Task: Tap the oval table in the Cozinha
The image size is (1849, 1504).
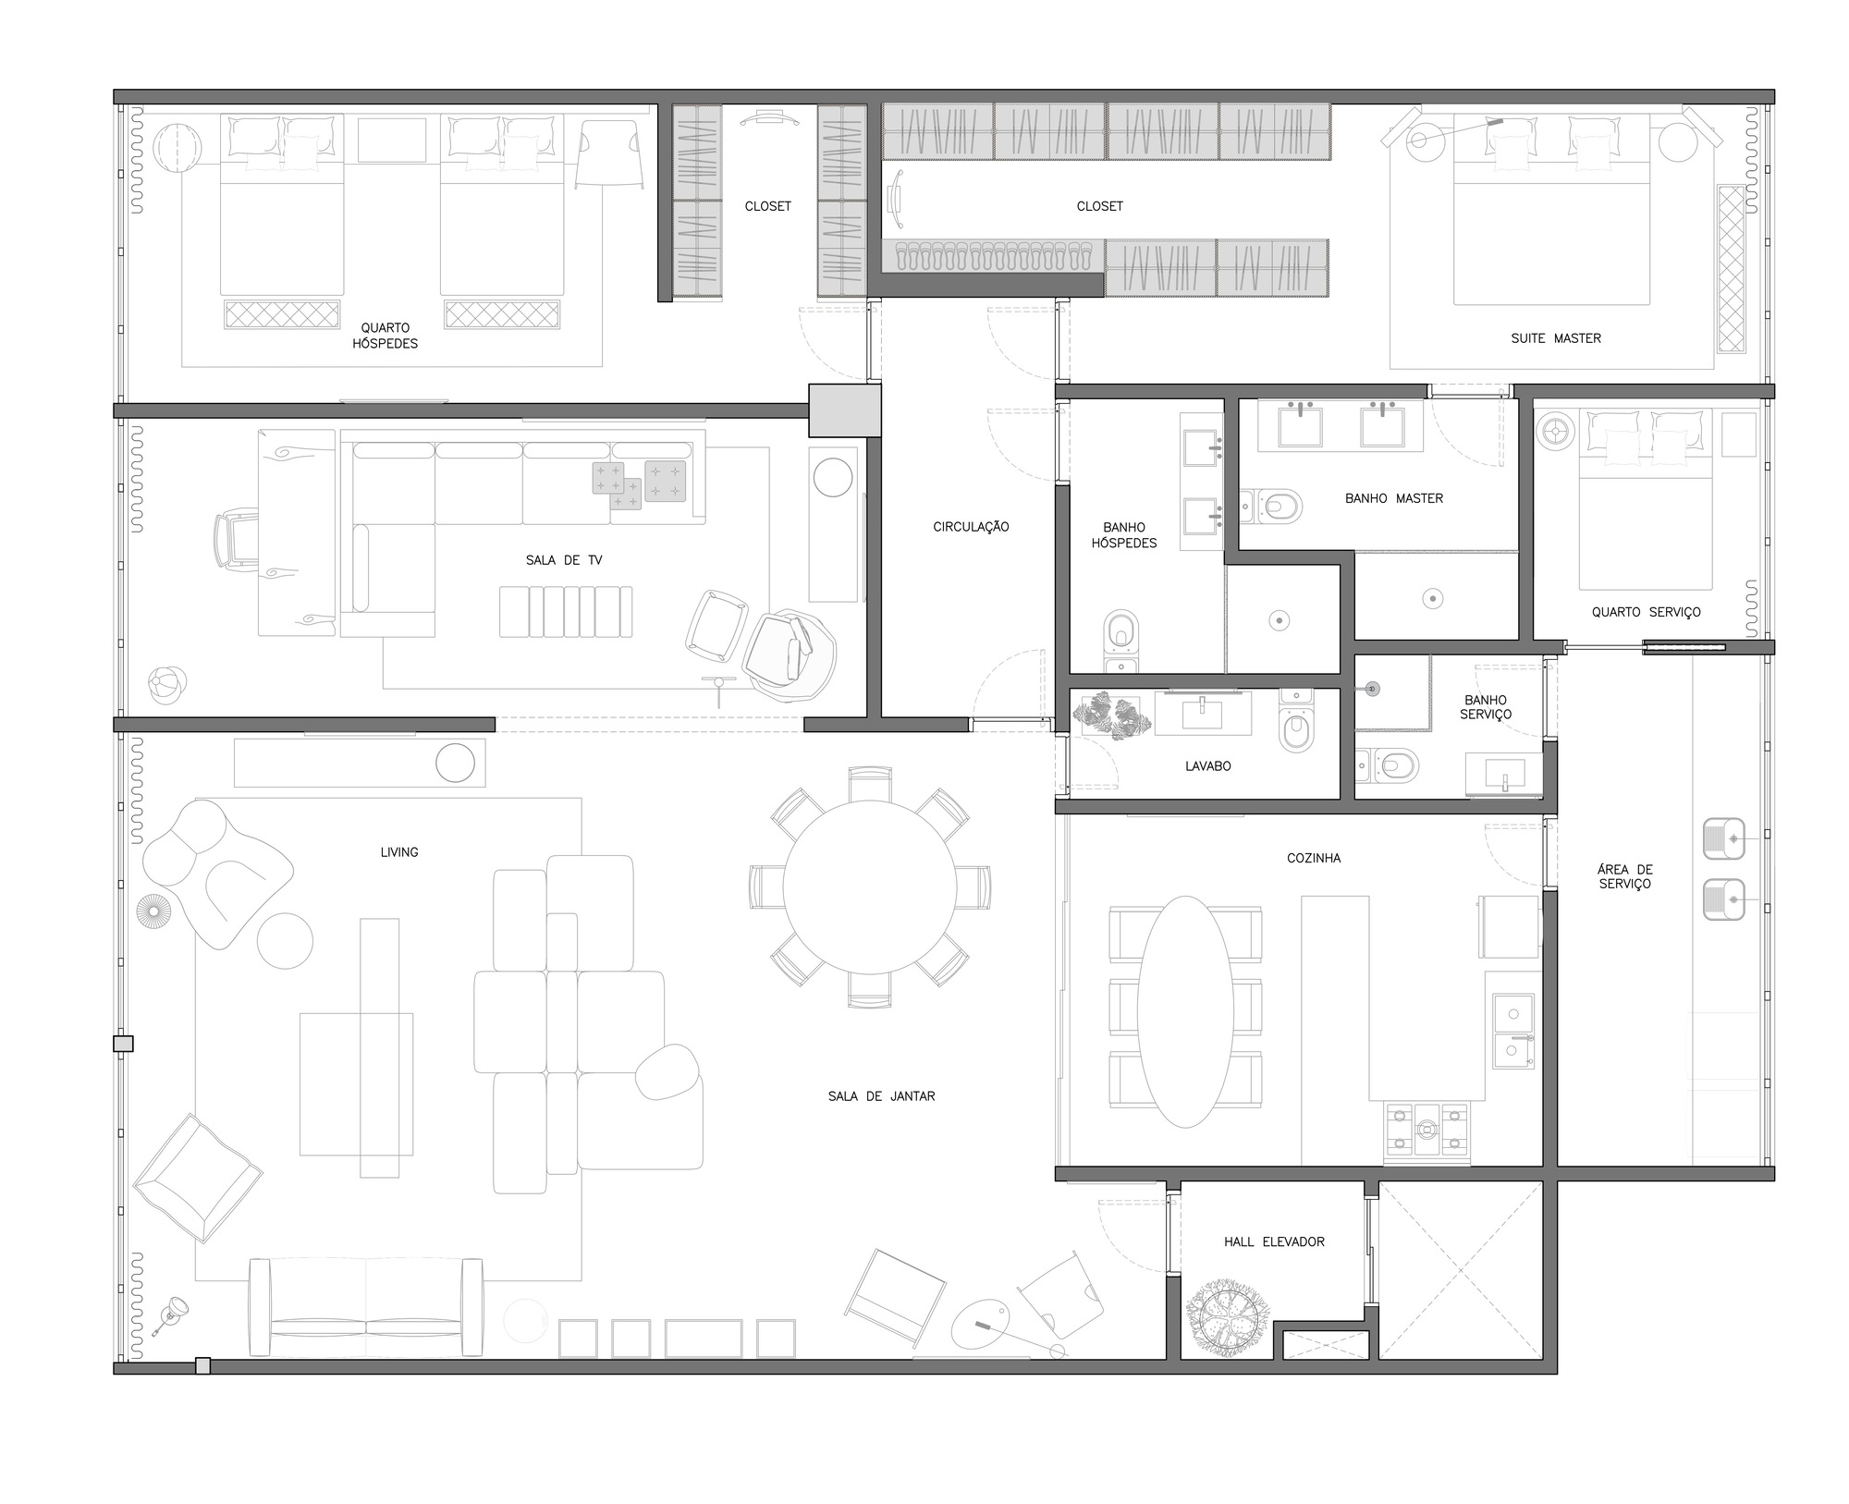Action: coord(1184,1011)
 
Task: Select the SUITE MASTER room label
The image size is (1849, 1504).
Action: coord(1555,338)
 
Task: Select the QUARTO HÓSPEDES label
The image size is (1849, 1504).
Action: coord(385,335)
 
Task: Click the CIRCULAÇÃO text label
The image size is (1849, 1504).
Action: coord(970,527)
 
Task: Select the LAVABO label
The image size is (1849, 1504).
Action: coord(1207,766)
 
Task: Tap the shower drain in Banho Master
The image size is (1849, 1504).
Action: coord(1432,599)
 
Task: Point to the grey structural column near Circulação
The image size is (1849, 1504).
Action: coord(844,410)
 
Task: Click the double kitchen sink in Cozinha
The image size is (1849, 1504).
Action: coord(1513,1032)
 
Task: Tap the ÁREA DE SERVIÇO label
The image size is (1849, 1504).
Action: coord(1624,876)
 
